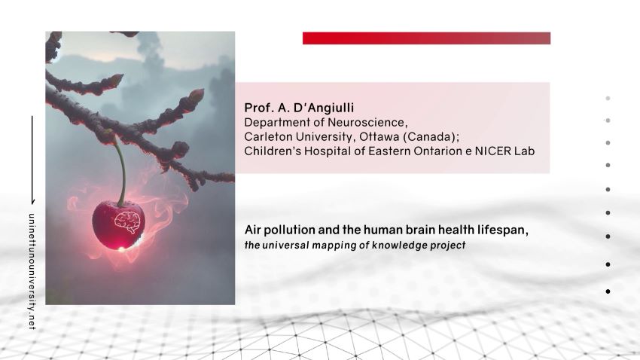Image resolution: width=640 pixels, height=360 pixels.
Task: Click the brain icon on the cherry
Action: (x=127, y=222)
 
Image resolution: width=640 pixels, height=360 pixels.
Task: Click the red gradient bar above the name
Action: (x=426, y=38)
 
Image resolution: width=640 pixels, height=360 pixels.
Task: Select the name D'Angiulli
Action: (x=323, y=108)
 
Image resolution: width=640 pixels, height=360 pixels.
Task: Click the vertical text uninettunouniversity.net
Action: (x=32, y=271)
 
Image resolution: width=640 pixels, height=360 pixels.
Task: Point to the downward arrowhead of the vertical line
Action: (x=32, y=202)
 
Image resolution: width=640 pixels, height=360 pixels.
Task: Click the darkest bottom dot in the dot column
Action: (x=608, y=291)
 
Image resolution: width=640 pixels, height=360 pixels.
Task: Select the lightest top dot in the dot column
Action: (x=608, y=99)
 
